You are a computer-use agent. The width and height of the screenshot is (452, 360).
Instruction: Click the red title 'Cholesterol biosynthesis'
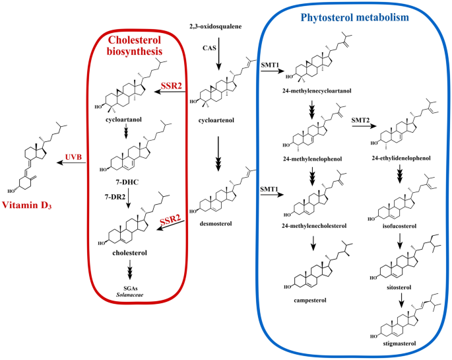[x=137, y=45]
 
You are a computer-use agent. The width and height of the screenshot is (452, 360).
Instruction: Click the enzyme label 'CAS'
[x=208, y=48]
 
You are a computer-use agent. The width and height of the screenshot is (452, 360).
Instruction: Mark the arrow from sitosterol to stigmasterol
[x=402, y=303]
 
